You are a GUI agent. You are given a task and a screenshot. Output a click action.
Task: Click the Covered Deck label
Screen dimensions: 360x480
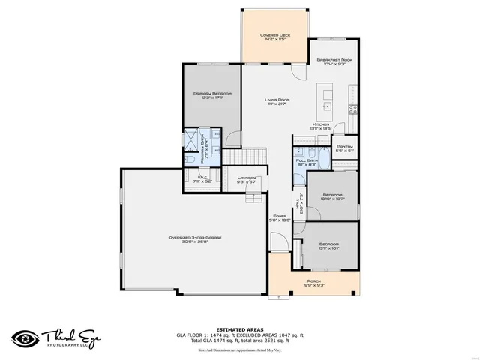pos(274,35)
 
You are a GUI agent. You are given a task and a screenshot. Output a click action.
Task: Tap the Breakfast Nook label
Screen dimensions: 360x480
pos(334,59)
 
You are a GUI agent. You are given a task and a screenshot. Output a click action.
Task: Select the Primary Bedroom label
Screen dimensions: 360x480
pos(211,94)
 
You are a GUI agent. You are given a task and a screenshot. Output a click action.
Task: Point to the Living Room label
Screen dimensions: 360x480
pos(277,100)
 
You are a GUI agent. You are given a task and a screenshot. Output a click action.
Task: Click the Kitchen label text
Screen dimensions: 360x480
pos(322,125)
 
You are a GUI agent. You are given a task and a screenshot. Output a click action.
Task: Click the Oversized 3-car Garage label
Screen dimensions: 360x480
pos(194,238)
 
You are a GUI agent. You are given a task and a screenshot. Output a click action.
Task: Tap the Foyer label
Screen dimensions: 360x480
pos(280,216)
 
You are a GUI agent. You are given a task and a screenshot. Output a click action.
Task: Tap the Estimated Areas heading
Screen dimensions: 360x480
pos(239,329)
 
